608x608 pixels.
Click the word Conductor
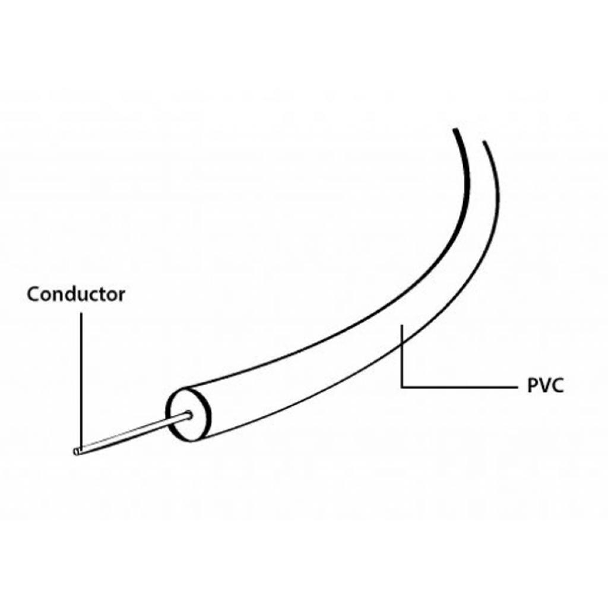click(x=76, y=294)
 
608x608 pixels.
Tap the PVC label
click(x=545, y=386)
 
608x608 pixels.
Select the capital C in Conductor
click(x=34, y=294)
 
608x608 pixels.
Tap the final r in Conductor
click(x=122, y=296)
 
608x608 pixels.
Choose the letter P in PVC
click(x=533, y=386)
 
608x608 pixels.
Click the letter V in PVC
click(x=544, y=386)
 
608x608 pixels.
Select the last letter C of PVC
click(x=557, y=386)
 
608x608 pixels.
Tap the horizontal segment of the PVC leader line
click(x=460, y=387)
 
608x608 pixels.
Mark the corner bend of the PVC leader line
click(x=403, y=387)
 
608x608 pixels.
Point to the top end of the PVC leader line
click(x=403, y=326)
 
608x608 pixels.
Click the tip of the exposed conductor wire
click(x=75, y=452)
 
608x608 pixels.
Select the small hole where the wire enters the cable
click(x=189, y=415)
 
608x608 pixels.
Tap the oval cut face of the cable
click(x=188, y=413)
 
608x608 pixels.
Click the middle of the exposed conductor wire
click(x=132, y=433)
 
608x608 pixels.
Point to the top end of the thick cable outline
click(x=455, y=129)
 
